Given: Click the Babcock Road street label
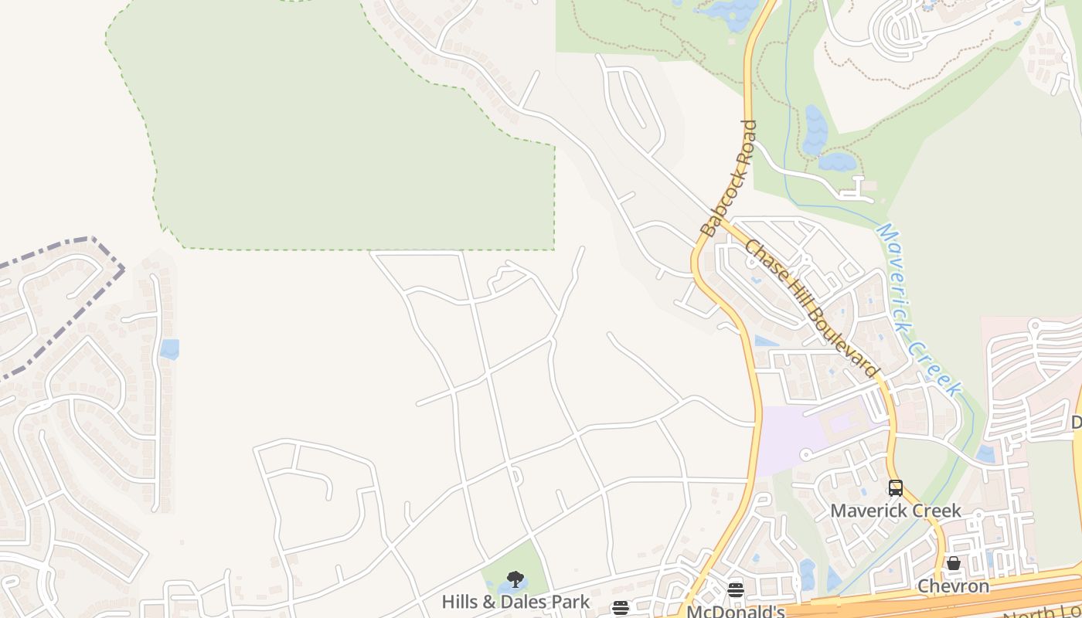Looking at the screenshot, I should coord(728,178).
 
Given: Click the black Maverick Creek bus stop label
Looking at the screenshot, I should coord(896,511).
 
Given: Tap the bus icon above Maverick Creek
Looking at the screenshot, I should coord(896,488).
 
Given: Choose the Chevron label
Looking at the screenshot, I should coord(953,586).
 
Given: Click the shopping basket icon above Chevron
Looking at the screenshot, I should coord(954,564).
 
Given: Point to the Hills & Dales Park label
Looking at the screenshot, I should coord(515,602).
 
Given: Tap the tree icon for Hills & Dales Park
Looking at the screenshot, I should coord(515,579).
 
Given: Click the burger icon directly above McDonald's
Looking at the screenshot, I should coord(736,590).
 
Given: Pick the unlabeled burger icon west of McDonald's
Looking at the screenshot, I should coord(621,608).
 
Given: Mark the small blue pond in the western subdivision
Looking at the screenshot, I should coord(169,349).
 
